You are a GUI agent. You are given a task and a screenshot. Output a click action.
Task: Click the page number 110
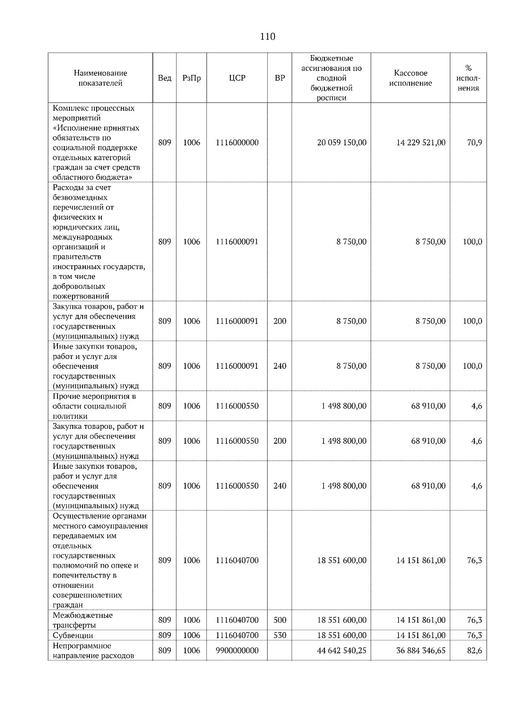267,37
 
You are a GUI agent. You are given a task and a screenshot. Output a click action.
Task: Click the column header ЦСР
237,78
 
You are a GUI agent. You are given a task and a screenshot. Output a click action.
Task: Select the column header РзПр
191,78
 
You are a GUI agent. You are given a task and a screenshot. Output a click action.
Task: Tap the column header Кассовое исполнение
410,78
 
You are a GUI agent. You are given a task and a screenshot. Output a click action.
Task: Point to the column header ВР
279,78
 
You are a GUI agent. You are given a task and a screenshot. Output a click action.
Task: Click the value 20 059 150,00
342,143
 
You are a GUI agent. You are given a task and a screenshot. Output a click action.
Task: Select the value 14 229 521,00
421,143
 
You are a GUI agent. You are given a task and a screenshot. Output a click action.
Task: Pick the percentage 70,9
474,143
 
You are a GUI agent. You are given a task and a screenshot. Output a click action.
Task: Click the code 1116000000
237,143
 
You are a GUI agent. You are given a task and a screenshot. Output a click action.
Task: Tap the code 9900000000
237,651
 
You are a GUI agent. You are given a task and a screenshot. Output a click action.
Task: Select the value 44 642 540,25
342,651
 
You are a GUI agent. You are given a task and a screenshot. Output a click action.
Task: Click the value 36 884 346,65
421,651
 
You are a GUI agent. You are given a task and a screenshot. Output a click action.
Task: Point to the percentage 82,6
474,651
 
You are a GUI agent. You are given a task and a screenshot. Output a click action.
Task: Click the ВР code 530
279,635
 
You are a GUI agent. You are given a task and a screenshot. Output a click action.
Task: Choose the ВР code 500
279,620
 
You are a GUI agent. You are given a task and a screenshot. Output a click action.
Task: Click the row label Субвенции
73,635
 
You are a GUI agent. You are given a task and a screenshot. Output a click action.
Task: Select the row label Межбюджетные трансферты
83,620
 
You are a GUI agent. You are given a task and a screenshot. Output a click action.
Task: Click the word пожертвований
81,296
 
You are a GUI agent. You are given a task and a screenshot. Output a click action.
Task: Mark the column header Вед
164,78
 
